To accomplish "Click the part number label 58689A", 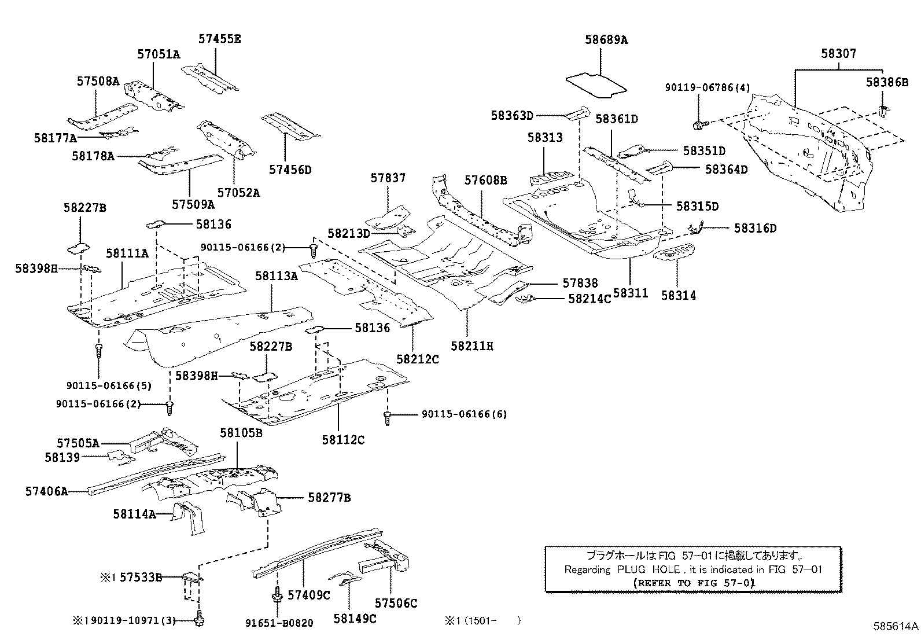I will [x=606, y=40].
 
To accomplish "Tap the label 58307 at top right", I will [x=838, y=53].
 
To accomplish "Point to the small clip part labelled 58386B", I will [x=883, y=111].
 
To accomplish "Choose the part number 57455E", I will [x=219, y=39].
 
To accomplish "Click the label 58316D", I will [x=755, y=228].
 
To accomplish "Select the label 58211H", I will [x=472, y=346].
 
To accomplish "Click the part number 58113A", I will [x=277, y=276].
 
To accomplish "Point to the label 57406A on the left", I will [x=46, y=491].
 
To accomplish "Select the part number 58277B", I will [x=329, y=498].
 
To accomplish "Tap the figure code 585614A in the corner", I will [x=896, y=627].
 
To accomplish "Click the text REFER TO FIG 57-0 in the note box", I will [x=694, y=583].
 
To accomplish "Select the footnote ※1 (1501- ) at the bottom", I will [x=482, y=620].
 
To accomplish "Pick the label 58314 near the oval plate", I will [x=679, y=295].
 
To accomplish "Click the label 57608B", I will [x=486, y=180].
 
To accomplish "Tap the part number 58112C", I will [x=343, y=440].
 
